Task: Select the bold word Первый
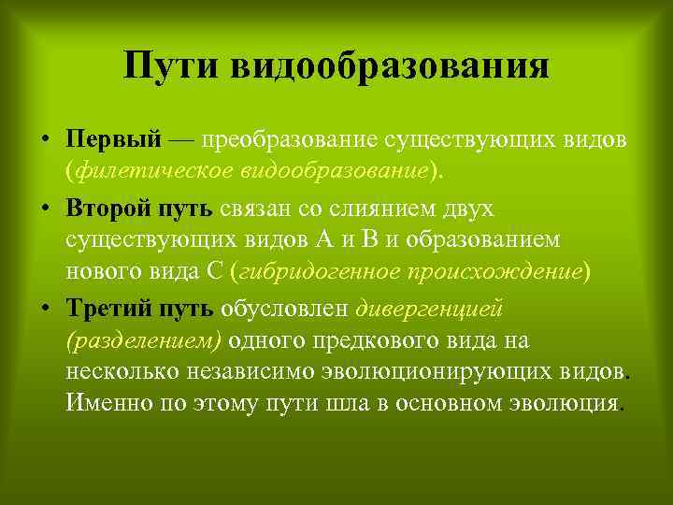[x=114, y=140]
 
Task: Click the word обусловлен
[x=284, y=307]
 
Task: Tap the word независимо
[x=222, y=372]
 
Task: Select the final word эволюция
[x=569, y=405]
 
